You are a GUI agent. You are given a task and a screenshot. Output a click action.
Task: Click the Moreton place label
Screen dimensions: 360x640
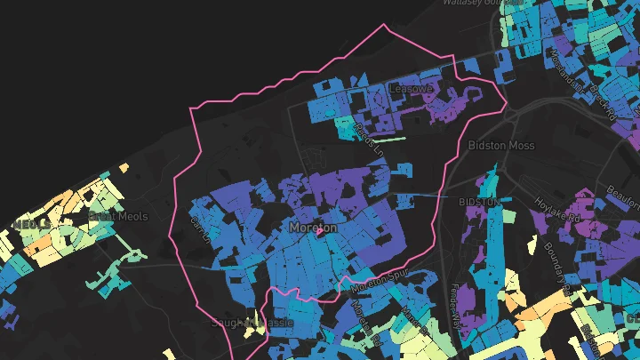(313, 228)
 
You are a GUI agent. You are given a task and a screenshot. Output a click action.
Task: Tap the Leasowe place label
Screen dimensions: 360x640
(411, 89)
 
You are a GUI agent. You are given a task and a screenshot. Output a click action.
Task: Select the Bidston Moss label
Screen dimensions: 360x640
(499, 144)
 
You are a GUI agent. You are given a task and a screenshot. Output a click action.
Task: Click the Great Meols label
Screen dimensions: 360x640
(118, 216)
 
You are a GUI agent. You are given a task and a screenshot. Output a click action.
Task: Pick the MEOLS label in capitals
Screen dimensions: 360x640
(30, 223)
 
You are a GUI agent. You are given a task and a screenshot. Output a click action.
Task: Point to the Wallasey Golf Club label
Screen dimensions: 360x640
(480, 3)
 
